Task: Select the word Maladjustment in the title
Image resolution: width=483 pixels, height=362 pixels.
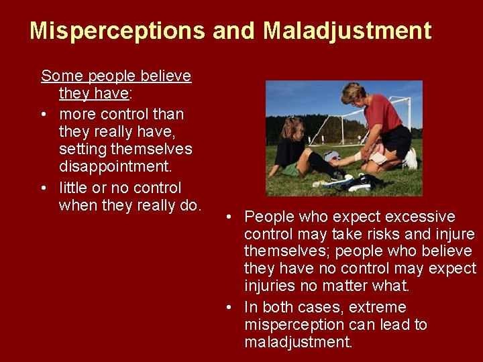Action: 347,31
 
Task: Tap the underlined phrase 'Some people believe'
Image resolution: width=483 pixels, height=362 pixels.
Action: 116,76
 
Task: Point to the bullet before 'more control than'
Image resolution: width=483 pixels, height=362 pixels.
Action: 44,114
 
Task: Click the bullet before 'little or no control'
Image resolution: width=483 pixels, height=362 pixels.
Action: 44,188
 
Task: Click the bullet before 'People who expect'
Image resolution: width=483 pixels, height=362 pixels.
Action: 229,217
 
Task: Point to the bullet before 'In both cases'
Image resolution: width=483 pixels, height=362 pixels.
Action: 229,308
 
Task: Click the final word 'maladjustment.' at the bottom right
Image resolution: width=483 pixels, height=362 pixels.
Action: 298,343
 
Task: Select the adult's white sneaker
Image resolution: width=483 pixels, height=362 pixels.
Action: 411,159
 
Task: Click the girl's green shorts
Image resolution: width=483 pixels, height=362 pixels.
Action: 290,170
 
